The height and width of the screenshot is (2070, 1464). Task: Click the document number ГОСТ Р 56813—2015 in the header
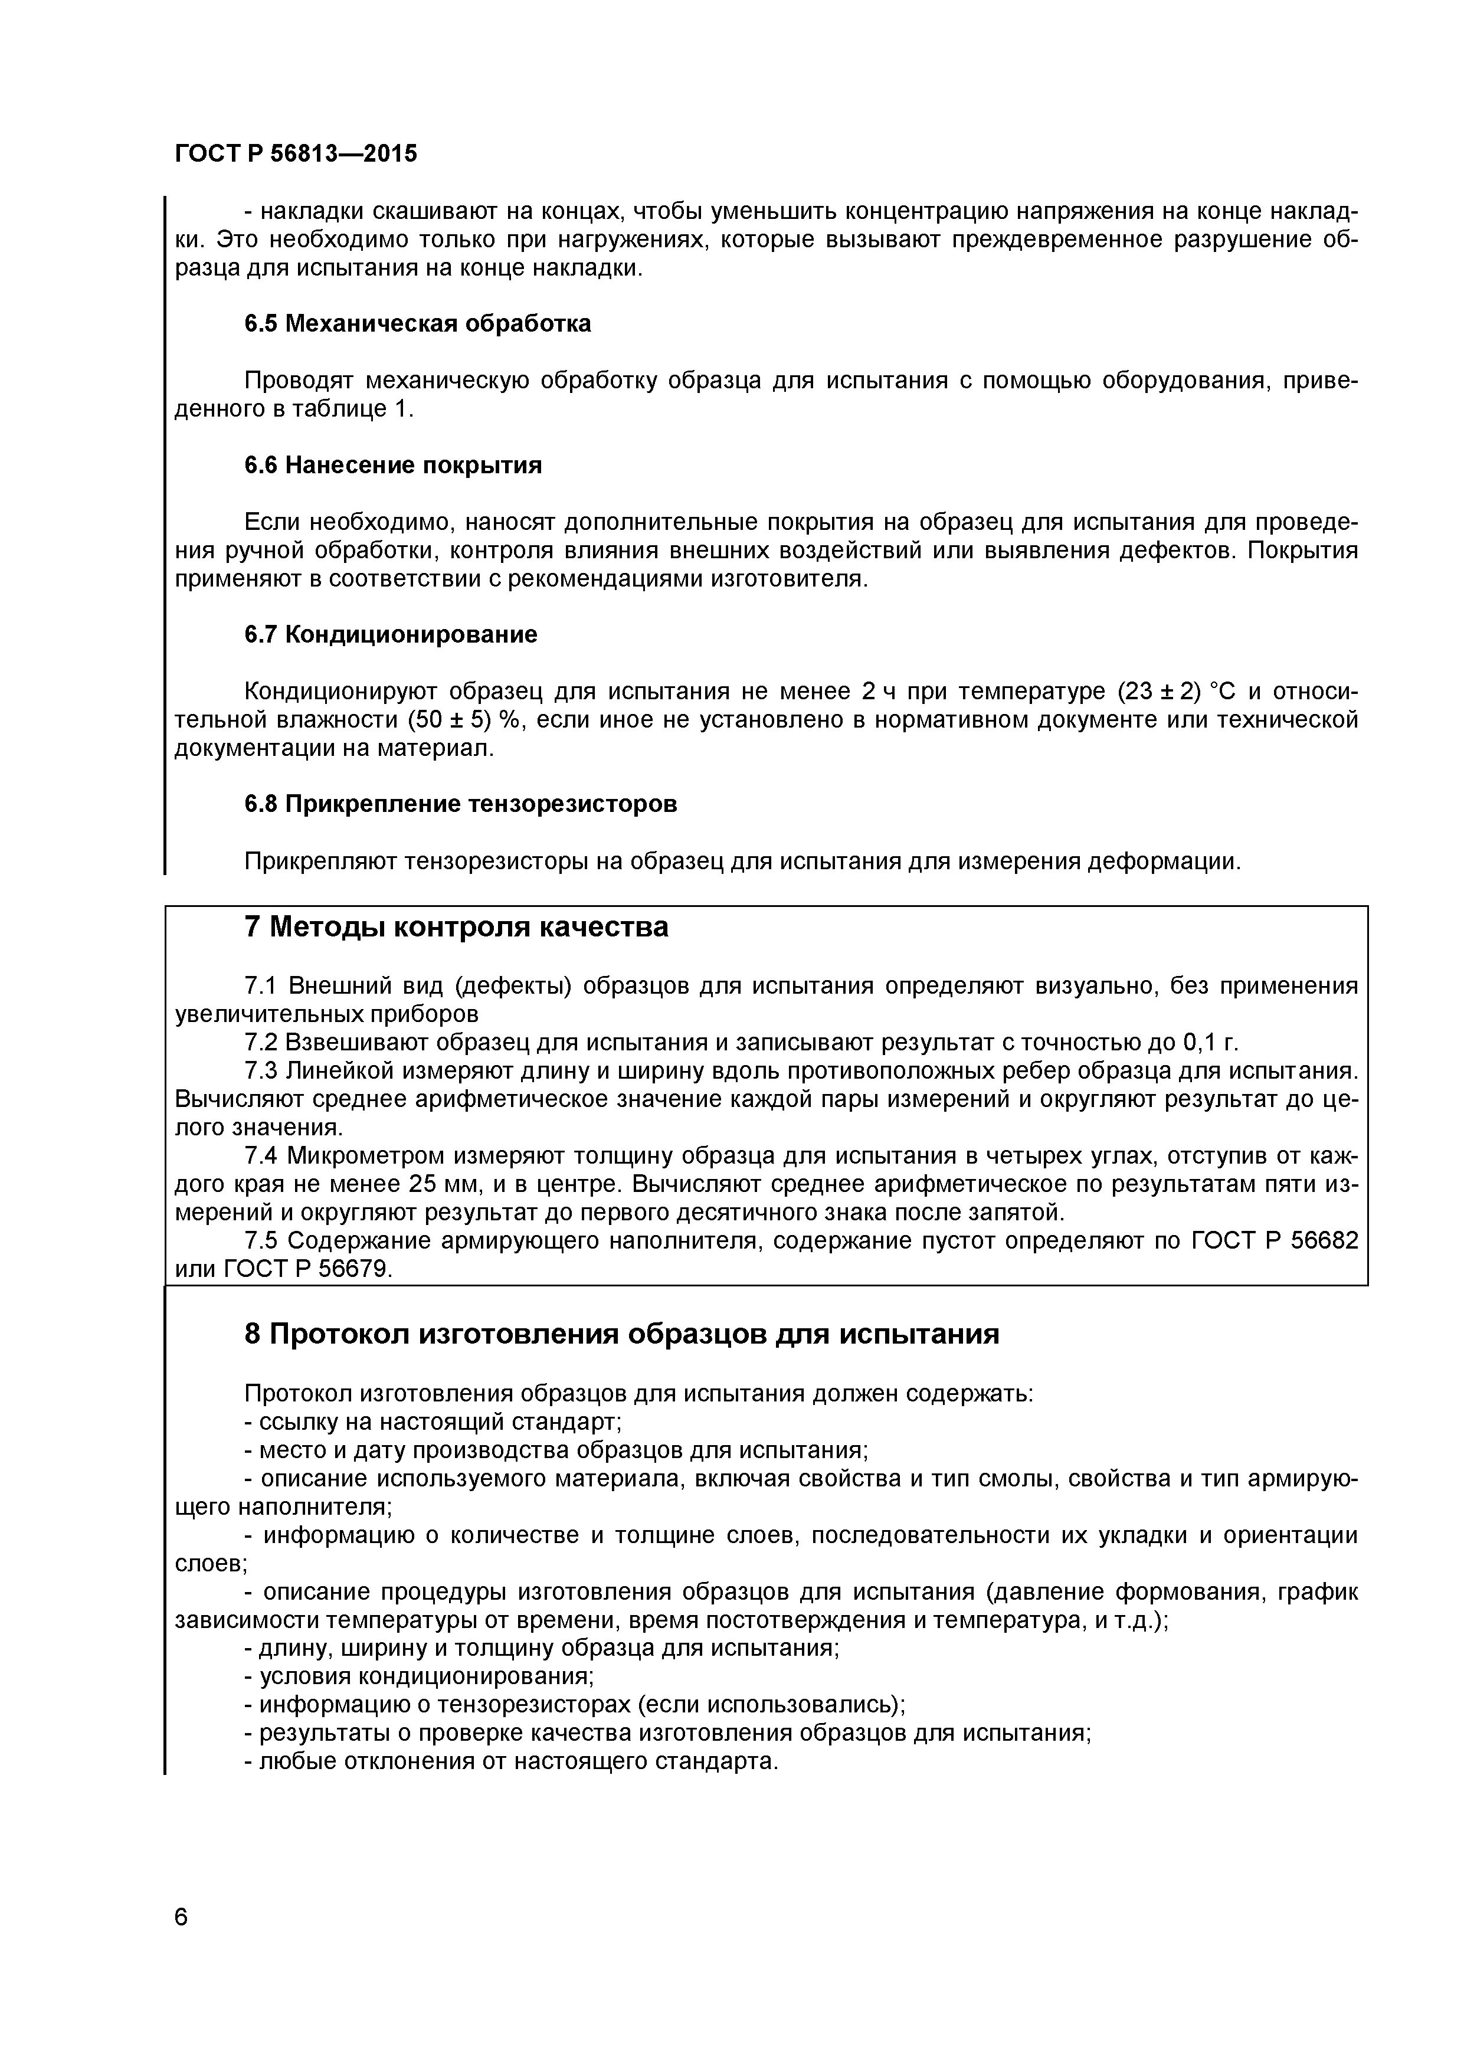pos(296,154)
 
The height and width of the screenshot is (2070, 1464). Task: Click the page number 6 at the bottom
pos(181,1941)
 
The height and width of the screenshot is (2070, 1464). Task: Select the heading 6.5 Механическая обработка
pos(417,324)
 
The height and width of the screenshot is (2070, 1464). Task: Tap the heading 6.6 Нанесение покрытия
pos(393,465)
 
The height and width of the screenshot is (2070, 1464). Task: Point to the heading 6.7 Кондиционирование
pos(390,635)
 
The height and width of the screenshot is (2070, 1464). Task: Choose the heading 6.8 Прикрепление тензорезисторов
pos(461,803)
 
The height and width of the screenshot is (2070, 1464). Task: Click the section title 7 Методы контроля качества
pos(456,927)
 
